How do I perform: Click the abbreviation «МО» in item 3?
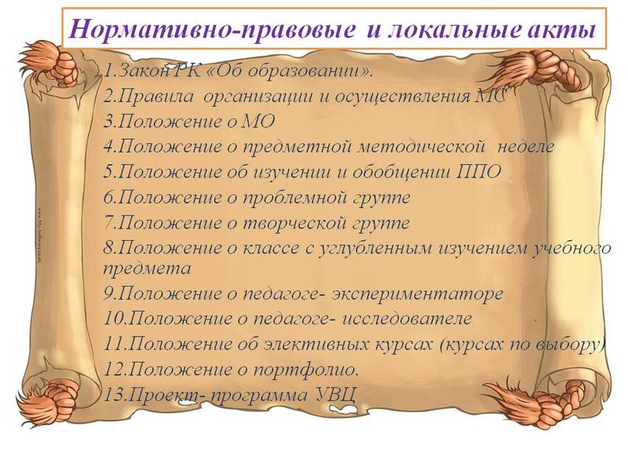(257, 122)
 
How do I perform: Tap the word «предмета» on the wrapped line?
(148, 269)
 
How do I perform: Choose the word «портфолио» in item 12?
(309, 369)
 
